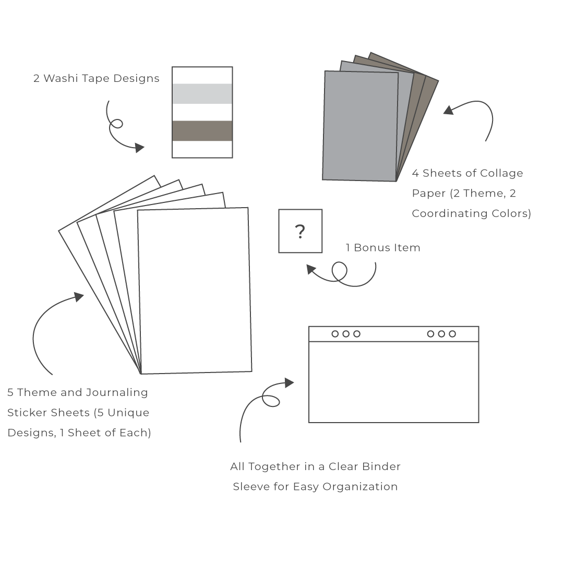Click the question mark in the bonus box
(x=300, y=232)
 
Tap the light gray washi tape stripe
(x=202, y=93)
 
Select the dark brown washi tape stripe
(x=202, y=130)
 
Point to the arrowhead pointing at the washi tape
(x=139, y=148)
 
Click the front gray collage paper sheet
(x=360, y=126)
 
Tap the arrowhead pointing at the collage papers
(x=449, y=110)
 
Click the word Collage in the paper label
(x=501, y=173)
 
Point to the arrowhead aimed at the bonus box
(x=311, y=269)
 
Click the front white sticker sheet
(x=195, y=291)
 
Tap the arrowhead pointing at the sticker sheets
(x=79, y=297)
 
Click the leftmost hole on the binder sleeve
(x=335, y=334)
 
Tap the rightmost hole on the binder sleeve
(x=452, y=334)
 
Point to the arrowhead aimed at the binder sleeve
(x=289, y=383)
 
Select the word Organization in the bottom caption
(x=360, y=487)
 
